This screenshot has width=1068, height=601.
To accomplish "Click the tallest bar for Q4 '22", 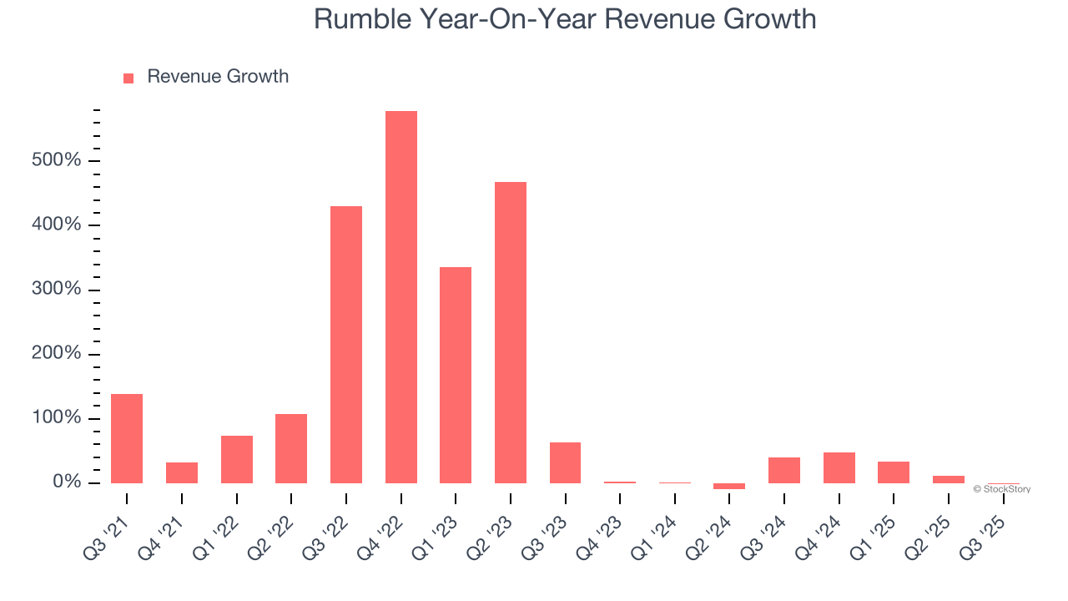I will click(x=400, y=296).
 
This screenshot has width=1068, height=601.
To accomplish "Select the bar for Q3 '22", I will click(x=346, y=344).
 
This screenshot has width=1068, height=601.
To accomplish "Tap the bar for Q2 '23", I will click(x=511, y=332).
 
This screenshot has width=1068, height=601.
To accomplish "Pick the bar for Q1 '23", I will click(x=456, y=375).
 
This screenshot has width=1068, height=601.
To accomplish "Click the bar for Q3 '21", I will click(x=127, y=438).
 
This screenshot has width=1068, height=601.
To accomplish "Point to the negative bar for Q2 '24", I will click(x=729, y=486).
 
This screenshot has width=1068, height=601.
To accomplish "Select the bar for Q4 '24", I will click(x=839, y=467).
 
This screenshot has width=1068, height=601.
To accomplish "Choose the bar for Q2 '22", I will click(x=291, y=448).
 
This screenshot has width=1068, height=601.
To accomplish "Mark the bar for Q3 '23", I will click(x=565, y=462).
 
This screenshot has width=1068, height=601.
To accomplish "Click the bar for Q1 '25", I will click(x=894, y=472).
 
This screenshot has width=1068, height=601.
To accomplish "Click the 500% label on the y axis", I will click(x=57, y=160).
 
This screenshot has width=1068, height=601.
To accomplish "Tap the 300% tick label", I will click(x=57, y=290).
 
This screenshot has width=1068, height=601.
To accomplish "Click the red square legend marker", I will click(x=128, y=78).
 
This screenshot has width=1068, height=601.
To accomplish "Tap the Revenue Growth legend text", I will click(x=218, y=77).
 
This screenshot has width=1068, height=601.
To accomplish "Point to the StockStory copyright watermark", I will click(x=1001, y=489).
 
